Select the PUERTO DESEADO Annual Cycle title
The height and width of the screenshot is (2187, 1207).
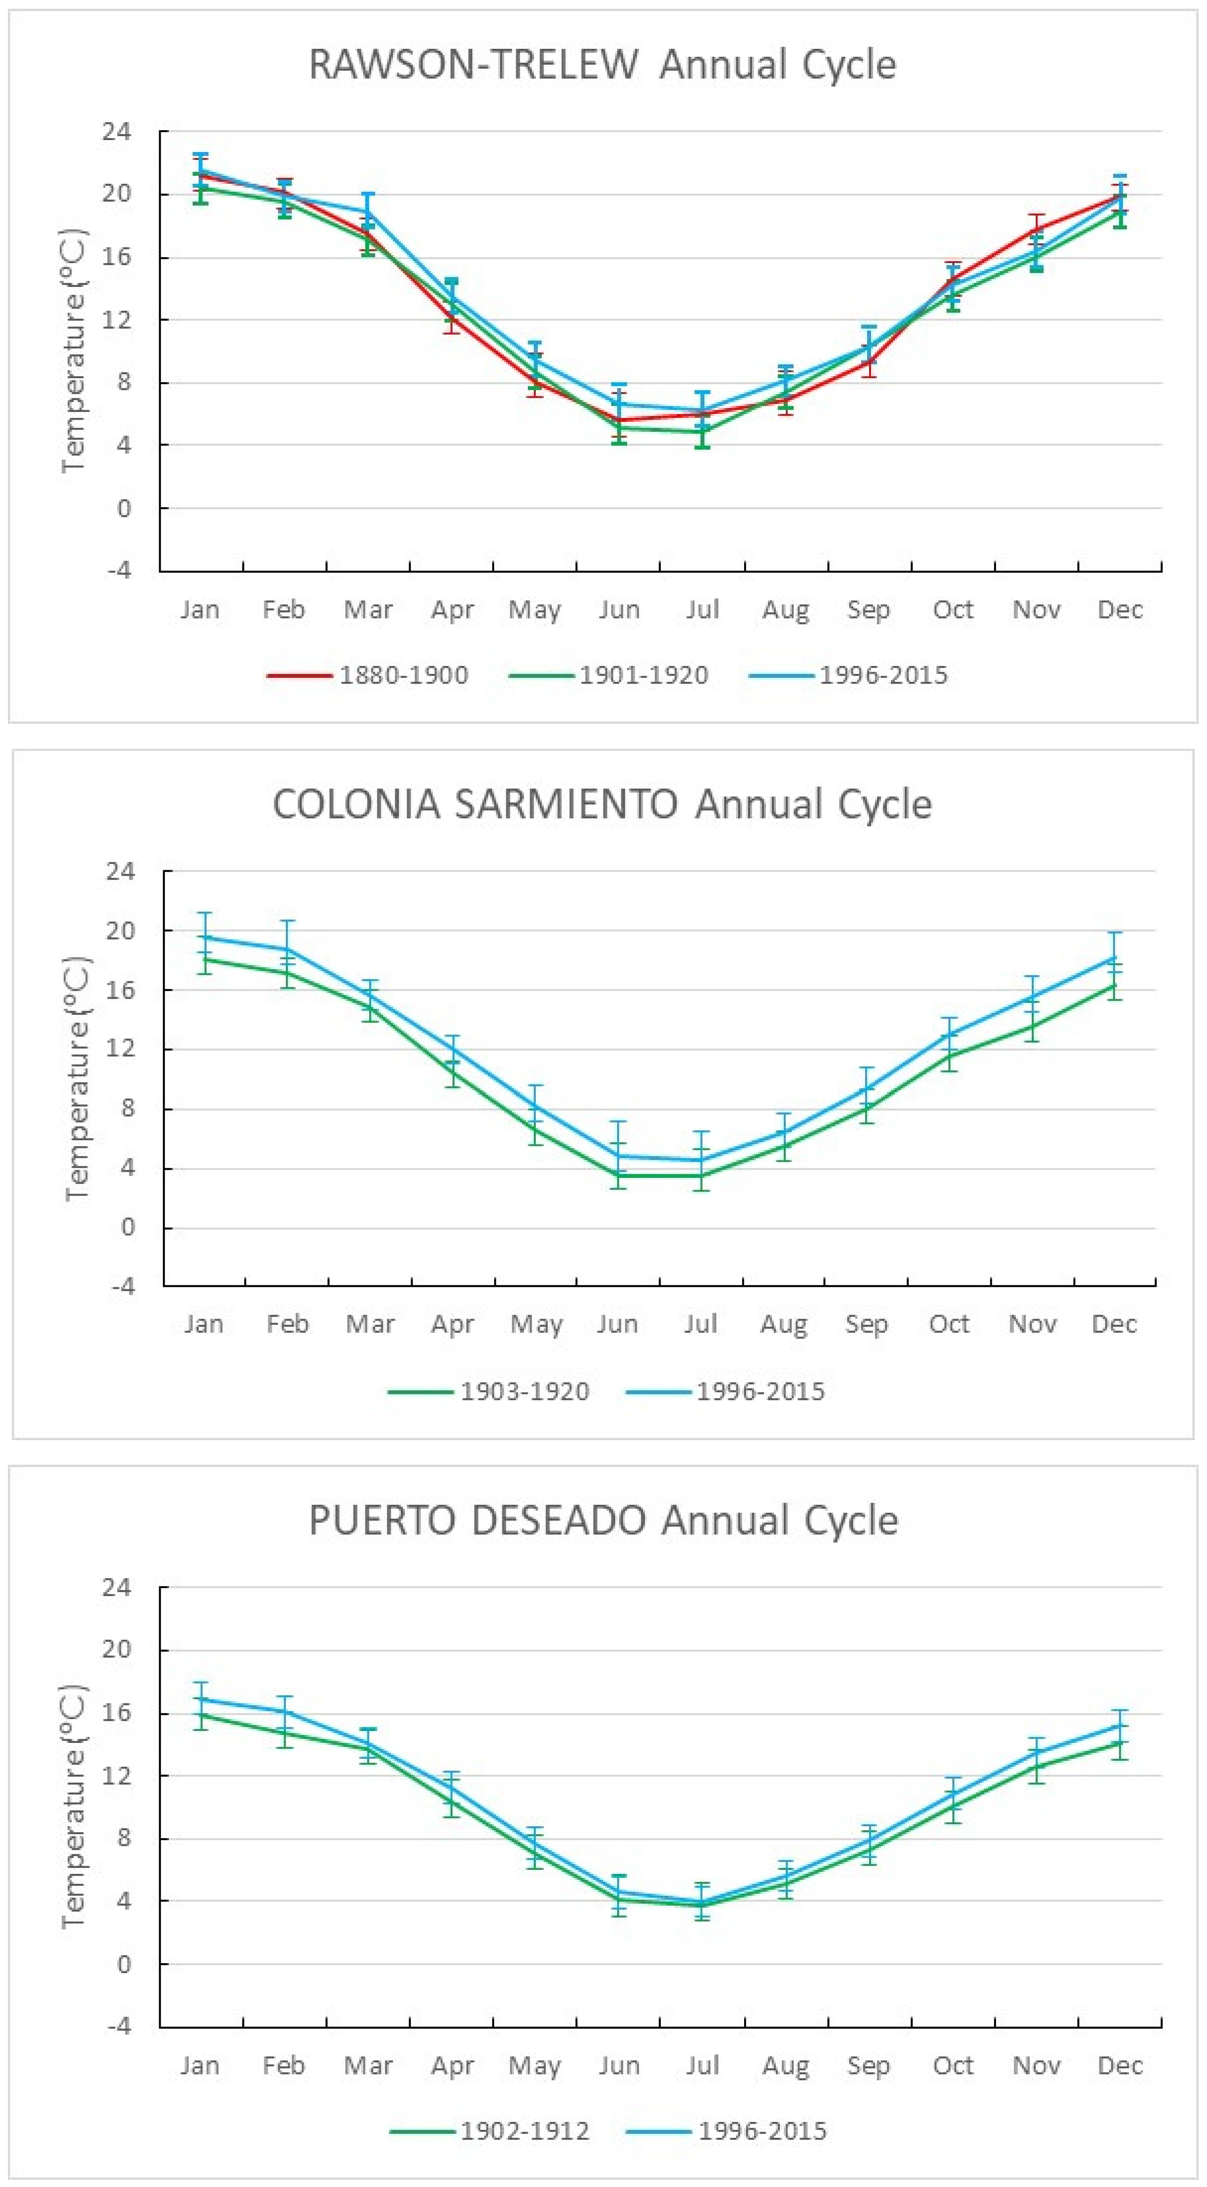click(603, 1521)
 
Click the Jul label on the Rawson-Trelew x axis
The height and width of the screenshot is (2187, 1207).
click(702, 610)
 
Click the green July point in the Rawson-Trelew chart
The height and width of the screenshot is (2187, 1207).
click(702, 431)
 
